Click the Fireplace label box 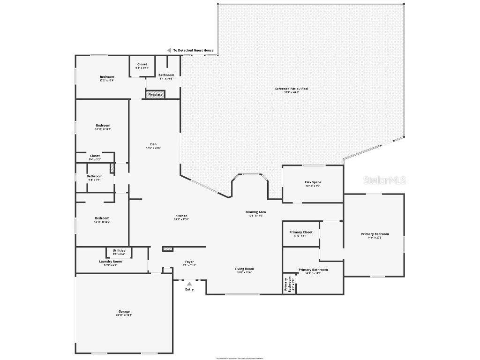(155, 95)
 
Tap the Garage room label (124, 312)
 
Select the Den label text (153, 144)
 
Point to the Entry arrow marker (189, 284)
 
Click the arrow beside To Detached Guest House (169, 50)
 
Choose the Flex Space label (313, 182)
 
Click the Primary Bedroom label (375, 234)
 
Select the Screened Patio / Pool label (292, 89)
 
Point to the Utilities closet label (119, 251)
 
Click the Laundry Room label (110, 262)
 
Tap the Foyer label (189, 262)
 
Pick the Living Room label (244, 269)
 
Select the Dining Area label (255, 212)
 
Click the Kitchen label (181, 216)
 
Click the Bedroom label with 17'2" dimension (106, 77)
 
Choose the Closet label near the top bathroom (142, 64)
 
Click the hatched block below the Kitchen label (168, 249)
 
